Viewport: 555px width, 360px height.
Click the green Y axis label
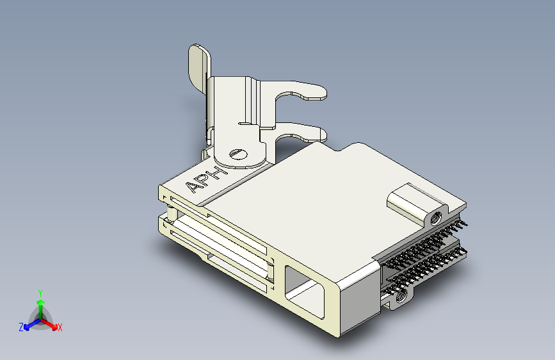[x=40, y=292]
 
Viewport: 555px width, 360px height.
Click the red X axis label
[x=60, y=327]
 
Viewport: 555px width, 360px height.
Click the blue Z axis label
[x=21, y=327]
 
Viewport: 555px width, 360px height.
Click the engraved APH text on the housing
[x=206, y=179]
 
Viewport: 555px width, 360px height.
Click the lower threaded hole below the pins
[x=401, y=296]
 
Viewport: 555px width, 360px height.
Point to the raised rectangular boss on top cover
[x=410, y=200]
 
